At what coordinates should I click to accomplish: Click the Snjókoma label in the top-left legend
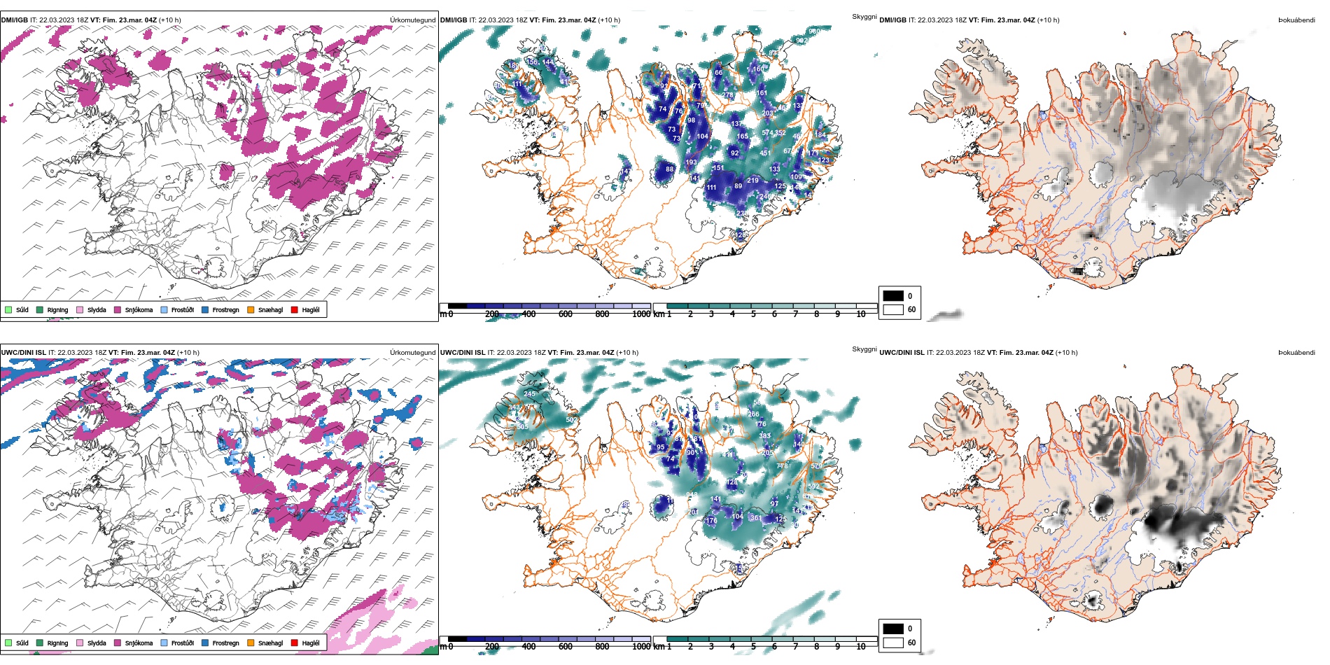[139, 310]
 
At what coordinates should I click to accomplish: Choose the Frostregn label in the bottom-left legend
[225, 643]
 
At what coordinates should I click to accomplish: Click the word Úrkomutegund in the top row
[412, 20]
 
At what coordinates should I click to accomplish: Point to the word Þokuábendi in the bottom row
[1296, 353]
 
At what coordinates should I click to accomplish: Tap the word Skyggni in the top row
[864, 17]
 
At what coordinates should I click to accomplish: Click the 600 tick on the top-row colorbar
[565, 314]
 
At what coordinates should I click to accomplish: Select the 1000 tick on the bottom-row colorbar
[641, 647]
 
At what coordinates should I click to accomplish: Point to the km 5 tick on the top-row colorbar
[753, 314]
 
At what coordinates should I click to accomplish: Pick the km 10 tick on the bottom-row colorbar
[860, 647]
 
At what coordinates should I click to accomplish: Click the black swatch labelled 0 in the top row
[893, 295]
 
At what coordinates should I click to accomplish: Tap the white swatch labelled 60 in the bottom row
[893, 643]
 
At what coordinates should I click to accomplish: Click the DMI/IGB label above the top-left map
[14, 20]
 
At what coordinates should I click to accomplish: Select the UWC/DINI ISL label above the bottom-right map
[902, 353]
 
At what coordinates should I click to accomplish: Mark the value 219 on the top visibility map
[752, 181]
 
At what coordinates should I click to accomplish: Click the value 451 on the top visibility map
[765, 153]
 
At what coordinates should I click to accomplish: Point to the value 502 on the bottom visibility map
[571, 420]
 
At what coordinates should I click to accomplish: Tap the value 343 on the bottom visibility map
[514, 407]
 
